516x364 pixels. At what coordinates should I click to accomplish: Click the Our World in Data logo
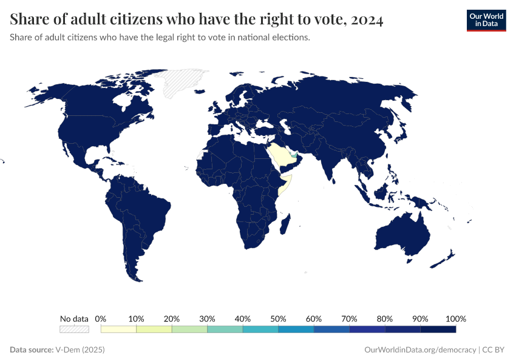pos(486,20)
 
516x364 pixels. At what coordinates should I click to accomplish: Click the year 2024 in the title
pos(365,20)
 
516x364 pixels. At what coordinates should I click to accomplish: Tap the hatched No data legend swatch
pos(74,329)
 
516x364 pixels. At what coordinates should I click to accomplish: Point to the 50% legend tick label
pos(278,318)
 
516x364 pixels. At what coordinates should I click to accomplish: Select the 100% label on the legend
pos(455,318)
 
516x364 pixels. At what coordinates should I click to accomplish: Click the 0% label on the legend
pos(101,318)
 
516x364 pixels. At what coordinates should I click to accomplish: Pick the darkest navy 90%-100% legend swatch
pos(438,329)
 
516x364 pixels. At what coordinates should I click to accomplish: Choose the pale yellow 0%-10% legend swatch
pos(119,329)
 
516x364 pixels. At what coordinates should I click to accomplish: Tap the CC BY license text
pos(494,350)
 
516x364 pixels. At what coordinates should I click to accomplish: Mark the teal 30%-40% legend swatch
pos(225,329)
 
